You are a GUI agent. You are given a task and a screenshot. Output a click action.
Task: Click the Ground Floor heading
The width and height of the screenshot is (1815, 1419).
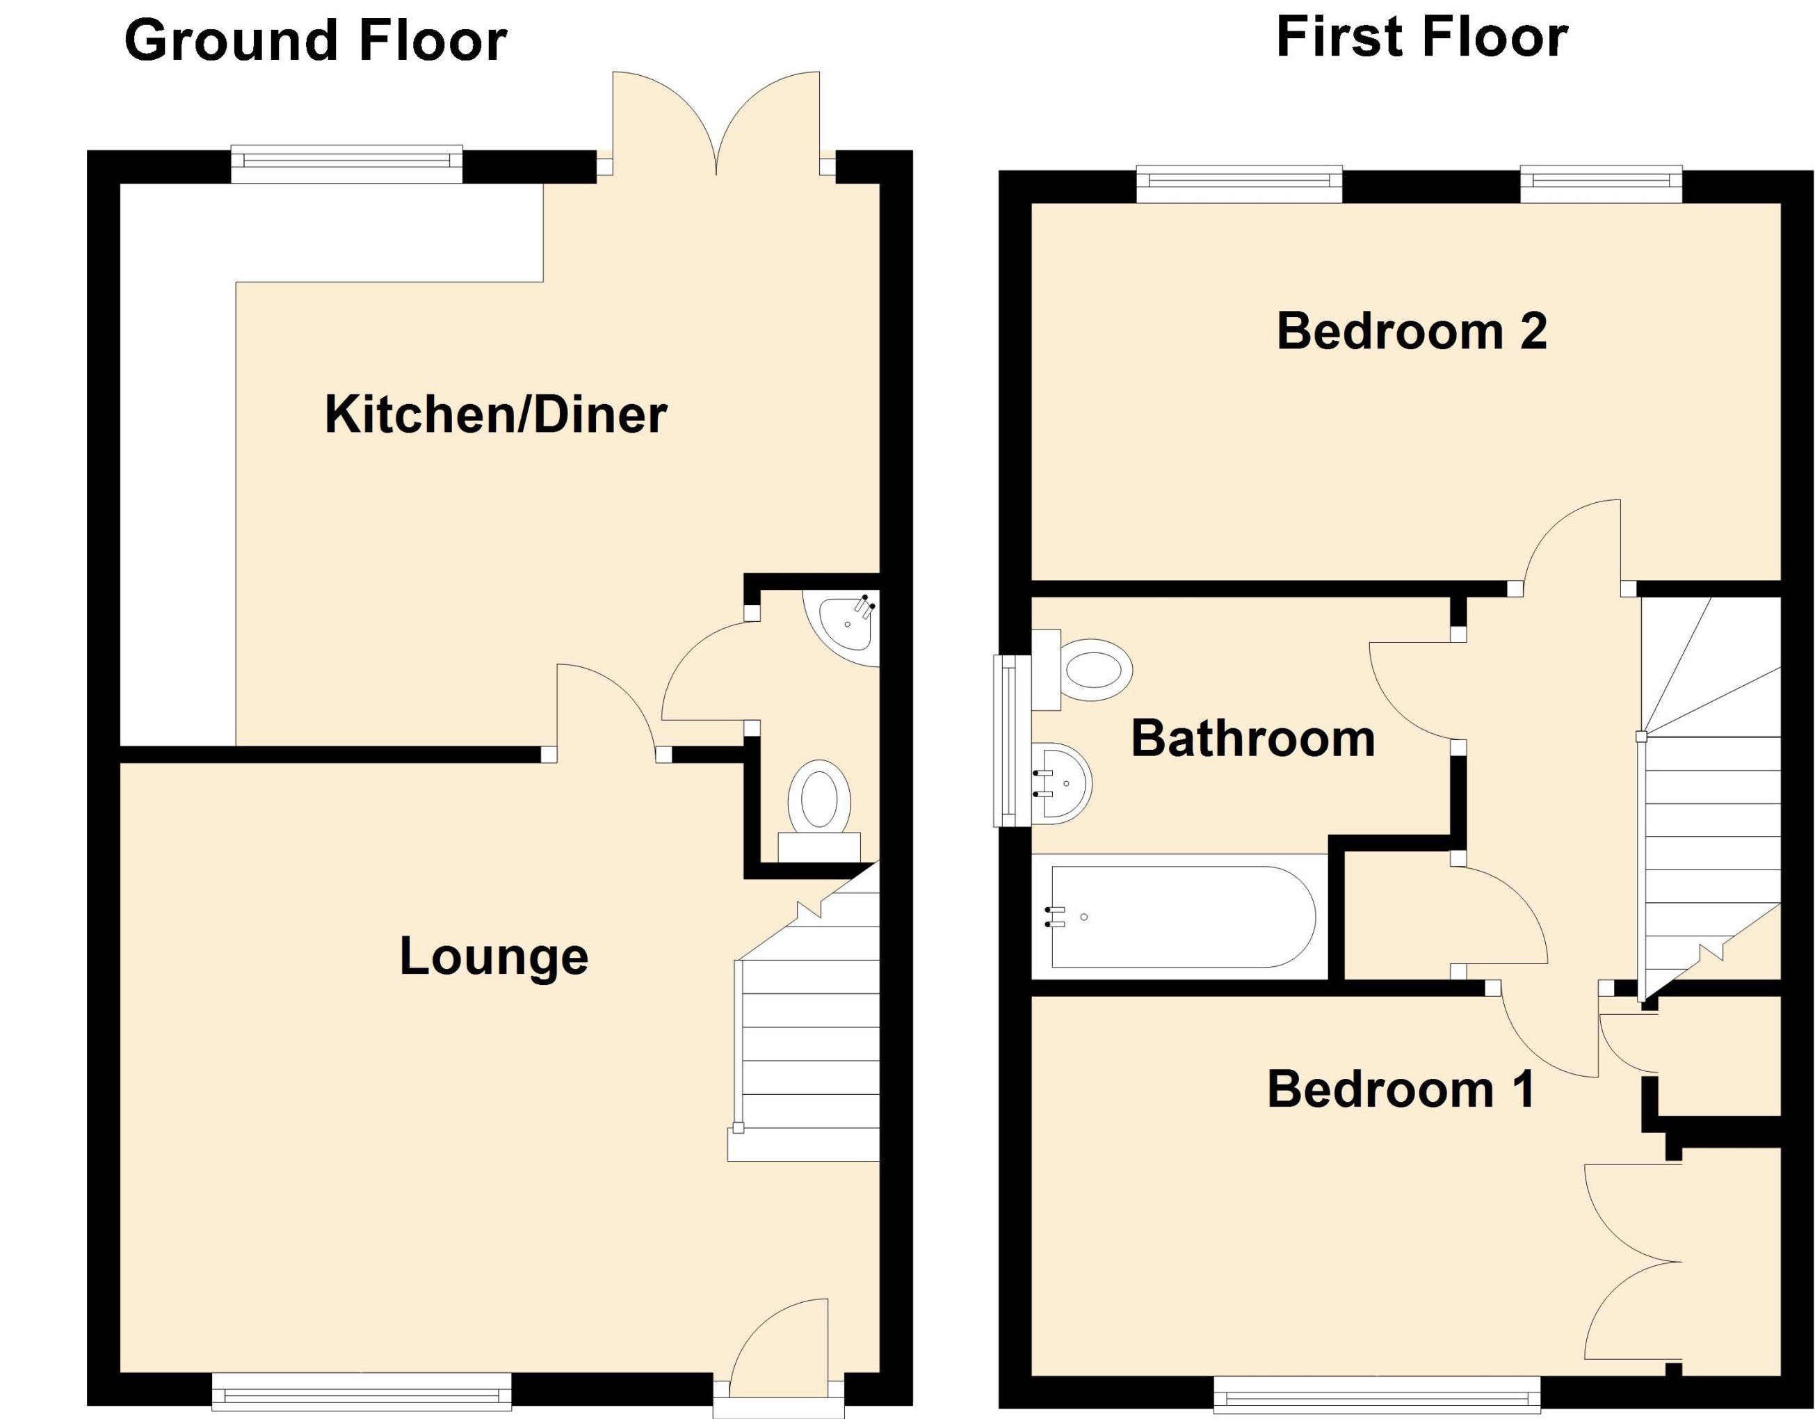tap(316, 42)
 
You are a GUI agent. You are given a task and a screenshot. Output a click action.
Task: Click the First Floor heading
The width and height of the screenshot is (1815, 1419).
tap(1421, 38)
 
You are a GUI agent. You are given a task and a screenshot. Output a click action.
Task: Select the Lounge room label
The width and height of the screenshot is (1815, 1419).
tap(494, 956)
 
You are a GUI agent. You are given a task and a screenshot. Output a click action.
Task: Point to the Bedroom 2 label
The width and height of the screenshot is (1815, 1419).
tap(1411, 331)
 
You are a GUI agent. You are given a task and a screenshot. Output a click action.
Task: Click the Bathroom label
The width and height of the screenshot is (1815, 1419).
tap(1253, 738)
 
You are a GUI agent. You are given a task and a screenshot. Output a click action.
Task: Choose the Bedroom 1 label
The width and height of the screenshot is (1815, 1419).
tap(1401, 1089)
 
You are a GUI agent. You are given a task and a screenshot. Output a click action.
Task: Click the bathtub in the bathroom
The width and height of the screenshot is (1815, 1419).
tap(1183, 917)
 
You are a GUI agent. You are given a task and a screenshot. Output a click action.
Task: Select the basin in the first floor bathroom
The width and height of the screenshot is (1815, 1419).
tap(1064, 783)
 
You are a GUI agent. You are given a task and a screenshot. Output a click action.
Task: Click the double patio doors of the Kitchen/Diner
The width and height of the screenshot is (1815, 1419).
tap(716, 125)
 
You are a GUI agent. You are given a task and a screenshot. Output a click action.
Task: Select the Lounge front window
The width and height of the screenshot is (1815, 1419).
tap(362, 1390)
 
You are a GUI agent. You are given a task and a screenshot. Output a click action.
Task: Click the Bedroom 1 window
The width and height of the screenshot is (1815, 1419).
tap(1376, 1394)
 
